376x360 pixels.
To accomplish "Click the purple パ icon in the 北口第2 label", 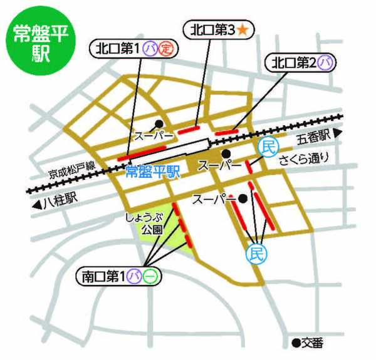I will point(324,63).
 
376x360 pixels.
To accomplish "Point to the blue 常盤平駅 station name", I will point(152,171).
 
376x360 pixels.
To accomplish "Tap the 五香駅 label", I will point(313,136).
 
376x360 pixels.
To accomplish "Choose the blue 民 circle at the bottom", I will point(255,253).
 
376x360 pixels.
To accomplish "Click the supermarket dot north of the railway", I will point(160,123).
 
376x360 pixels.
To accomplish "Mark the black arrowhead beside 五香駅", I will point(339,133).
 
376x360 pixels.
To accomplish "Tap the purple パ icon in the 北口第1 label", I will point(150,48).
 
